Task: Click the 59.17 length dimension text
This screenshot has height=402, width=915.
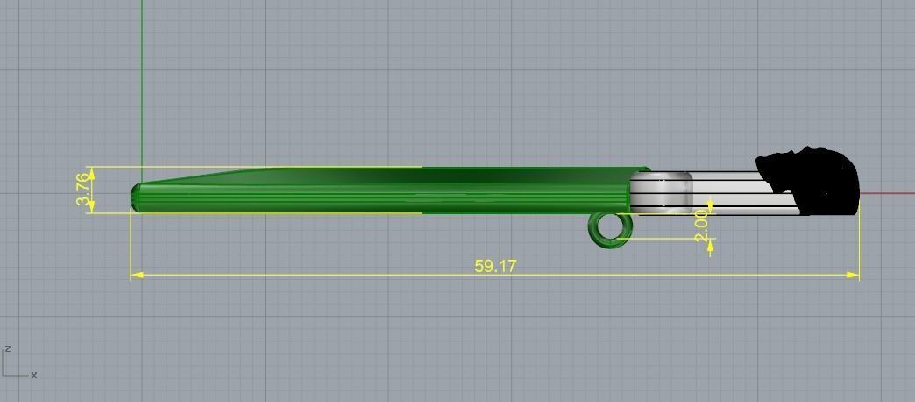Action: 495,266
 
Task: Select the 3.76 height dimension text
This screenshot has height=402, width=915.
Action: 83,190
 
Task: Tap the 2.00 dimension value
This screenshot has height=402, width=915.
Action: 700,225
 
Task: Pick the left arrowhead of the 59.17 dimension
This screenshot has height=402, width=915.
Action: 137,275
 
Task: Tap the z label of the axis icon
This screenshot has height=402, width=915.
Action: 8,348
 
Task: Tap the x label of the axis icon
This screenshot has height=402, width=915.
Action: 34,375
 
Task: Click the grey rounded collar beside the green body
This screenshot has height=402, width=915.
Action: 661,192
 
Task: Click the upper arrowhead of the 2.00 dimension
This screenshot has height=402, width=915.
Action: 710,208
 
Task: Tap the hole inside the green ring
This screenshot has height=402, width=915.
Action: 611,228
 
